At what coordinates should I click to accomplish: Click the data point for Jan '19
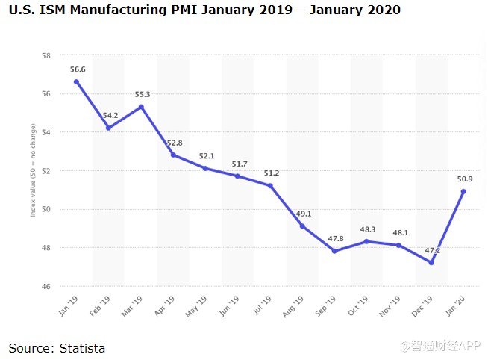pyautogui.click(x=76, y=81)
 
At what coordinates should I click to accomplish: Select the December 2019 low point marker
pyautogui.click(x=431, y=262)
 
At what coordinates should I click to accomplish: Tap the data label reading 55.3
pyautogui.click(x=142, y=94)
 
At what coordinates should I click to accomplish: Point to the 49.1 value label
pyautogui.click(x=303, y=214)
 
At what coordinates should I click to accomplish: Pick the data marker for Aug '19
pyautogui.click(x=302, y=226)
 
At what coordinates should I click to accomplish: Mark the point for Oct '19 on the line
pyautogui.click(x=366, y=241)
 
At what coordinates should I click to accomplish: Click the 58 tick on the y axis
pyautogui.click(x=46, y=55)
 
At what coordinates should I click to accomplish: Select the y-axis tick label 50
pyautogui.click(x=46, y=209)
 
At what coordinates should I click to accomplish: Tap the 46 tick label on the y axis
pyautogui.click(x=46, y=286)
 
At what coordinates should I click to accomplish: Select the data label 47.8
pyautogui.click(x=334, y=238)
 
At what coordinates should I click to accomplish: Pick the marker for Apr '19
pyautogui.click(x=173, y=155)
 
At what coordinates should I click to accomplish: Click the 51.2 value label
pyautogui.click(x=271, y=173)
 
